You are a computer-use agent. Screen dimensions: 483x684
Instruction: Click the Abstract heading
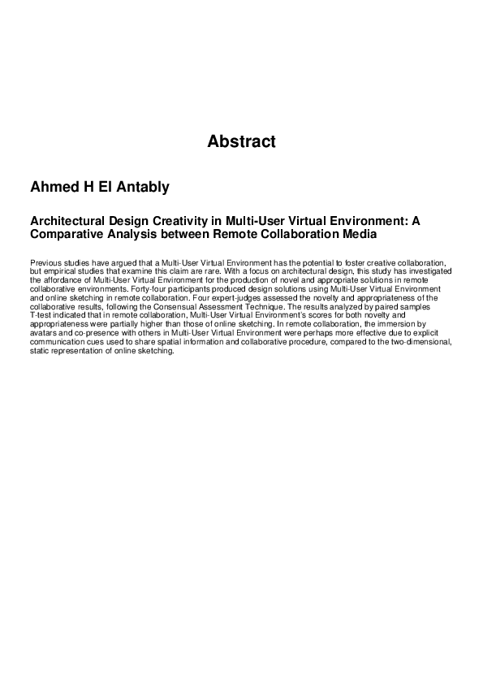click(241, 142)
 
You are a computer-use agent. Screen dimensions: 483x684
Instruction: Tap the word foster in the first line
click(360, 264)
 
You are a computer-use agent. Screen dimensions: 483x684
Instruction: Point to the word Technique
click(283, 307)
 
